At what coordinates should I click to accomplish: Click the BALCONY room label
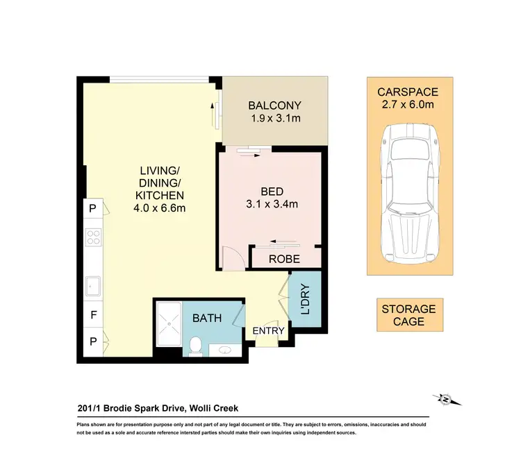point(274,105)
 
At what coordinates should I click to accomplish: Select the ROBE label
point(284,259)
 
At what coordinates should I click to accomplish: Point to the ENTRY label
point(268,331)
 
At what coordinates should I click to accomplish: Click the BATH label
point(208,319)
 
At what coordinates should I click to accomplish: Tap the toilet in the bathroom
point(195,344)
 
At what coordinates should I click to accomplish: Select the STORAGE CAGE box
point(408,315)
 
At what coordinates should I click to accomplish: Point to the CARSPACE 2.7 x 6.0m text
point(408,99)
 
